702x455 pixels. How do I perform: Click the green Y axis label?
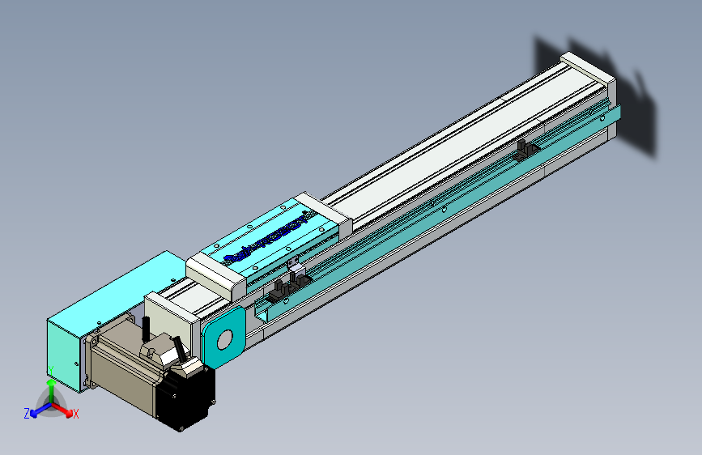[x=50, y=370]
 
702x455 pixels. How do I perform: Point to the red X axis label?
[x=76, y=414]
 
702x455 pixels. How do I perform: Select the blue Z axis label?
[x=26, y=413]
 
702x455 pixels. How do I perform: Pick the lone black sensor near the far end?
[x=527, y=149]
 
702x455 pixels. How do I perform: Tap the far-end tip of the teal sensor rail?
[x=616, y=113]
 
